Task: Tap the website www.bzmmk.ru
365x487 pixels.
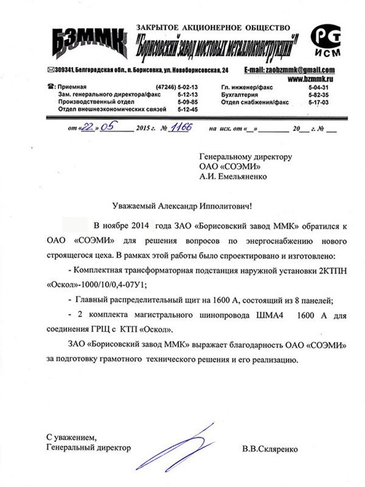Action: (310, 79)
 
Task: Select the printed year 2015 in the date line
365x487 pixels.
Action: (143, 130)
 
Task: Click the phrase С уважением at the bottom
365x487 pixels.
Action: (72, 437)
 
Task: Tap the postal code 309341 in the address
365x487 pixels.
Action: (66, 71)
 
